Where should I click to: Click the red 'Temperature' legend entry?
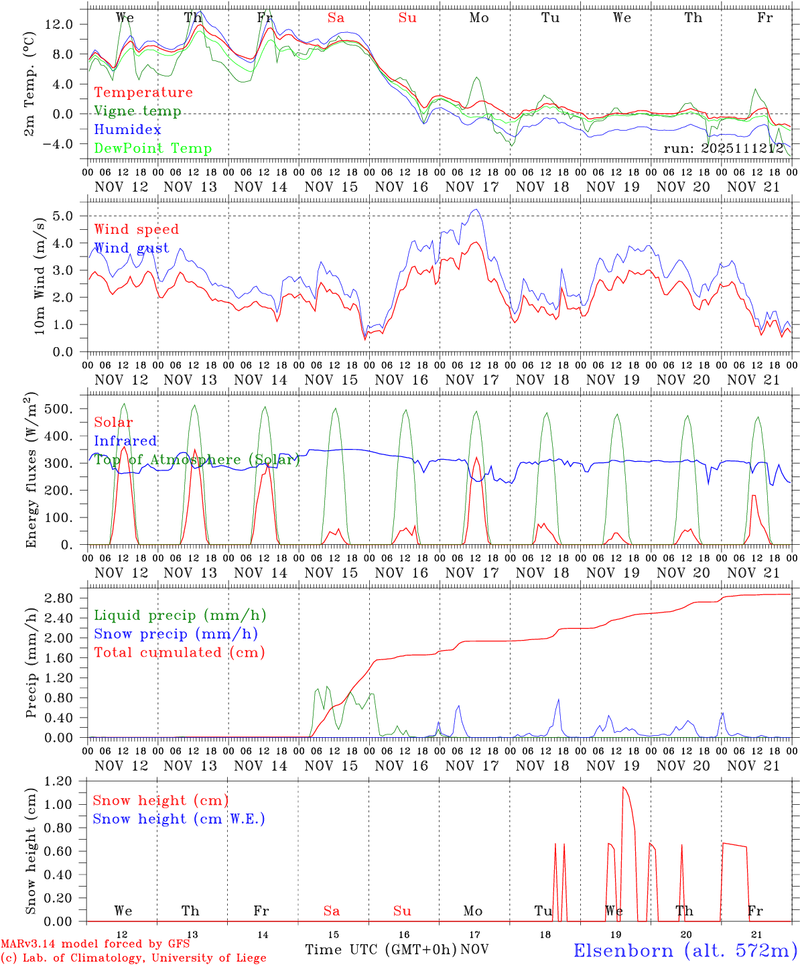[x=143, y=92]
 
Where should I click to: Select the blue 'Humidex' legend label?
[x=127, y=130]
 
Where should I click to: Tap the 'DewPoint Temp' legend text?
[x=153, y=149]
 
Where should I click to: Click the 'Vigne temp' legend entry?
[x=137, y=111]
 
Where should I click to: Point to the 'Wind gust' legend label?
[x=131, y=248]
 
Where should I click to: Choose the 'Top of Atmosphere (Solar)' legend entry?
[x=197, y=460]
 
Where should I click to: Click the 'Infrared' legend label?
[x=125, y=441]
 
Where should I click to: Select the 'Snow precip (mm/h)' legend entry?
[x=176, y=634]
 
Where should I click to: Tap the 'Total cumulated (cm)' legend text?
[x=180, y=653]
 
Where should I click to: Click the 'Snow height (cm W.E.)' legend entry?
[x=179, y=819]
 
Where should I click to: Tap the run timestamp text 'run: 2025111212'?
[x=723, y=149]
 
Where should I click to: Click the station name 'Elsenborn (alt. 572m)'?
[x=685, y=950]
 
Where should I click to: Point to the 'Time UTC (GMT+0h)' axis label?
[x=381, y=950]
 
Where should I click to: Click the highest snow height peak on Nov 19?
[x=624, y=787]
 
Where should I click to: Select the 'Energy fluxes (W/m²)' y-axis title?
[x=31, y=472]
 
